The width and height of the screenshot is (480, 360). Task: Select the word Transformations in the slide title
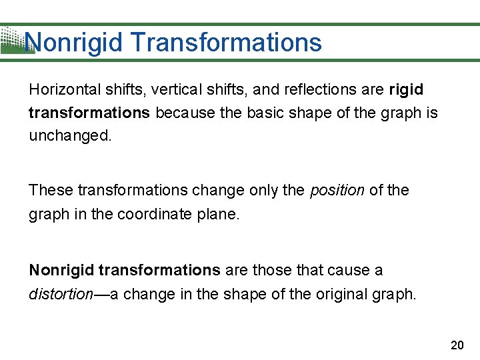(227, 43)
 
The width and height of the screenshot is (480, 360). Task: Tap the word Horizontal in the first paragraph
(59, 89)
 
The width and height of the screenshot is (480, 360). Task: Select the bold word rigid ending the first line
(405, 89)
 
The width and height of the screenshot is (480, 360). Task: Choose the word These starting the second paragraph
(51, 190)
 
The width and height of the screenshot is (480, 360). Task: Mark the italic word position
(337, 191)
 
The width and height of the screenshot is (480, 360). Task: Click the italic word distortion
(60, 294)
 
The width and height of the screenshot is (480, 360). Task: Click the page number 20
(457, 345)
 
